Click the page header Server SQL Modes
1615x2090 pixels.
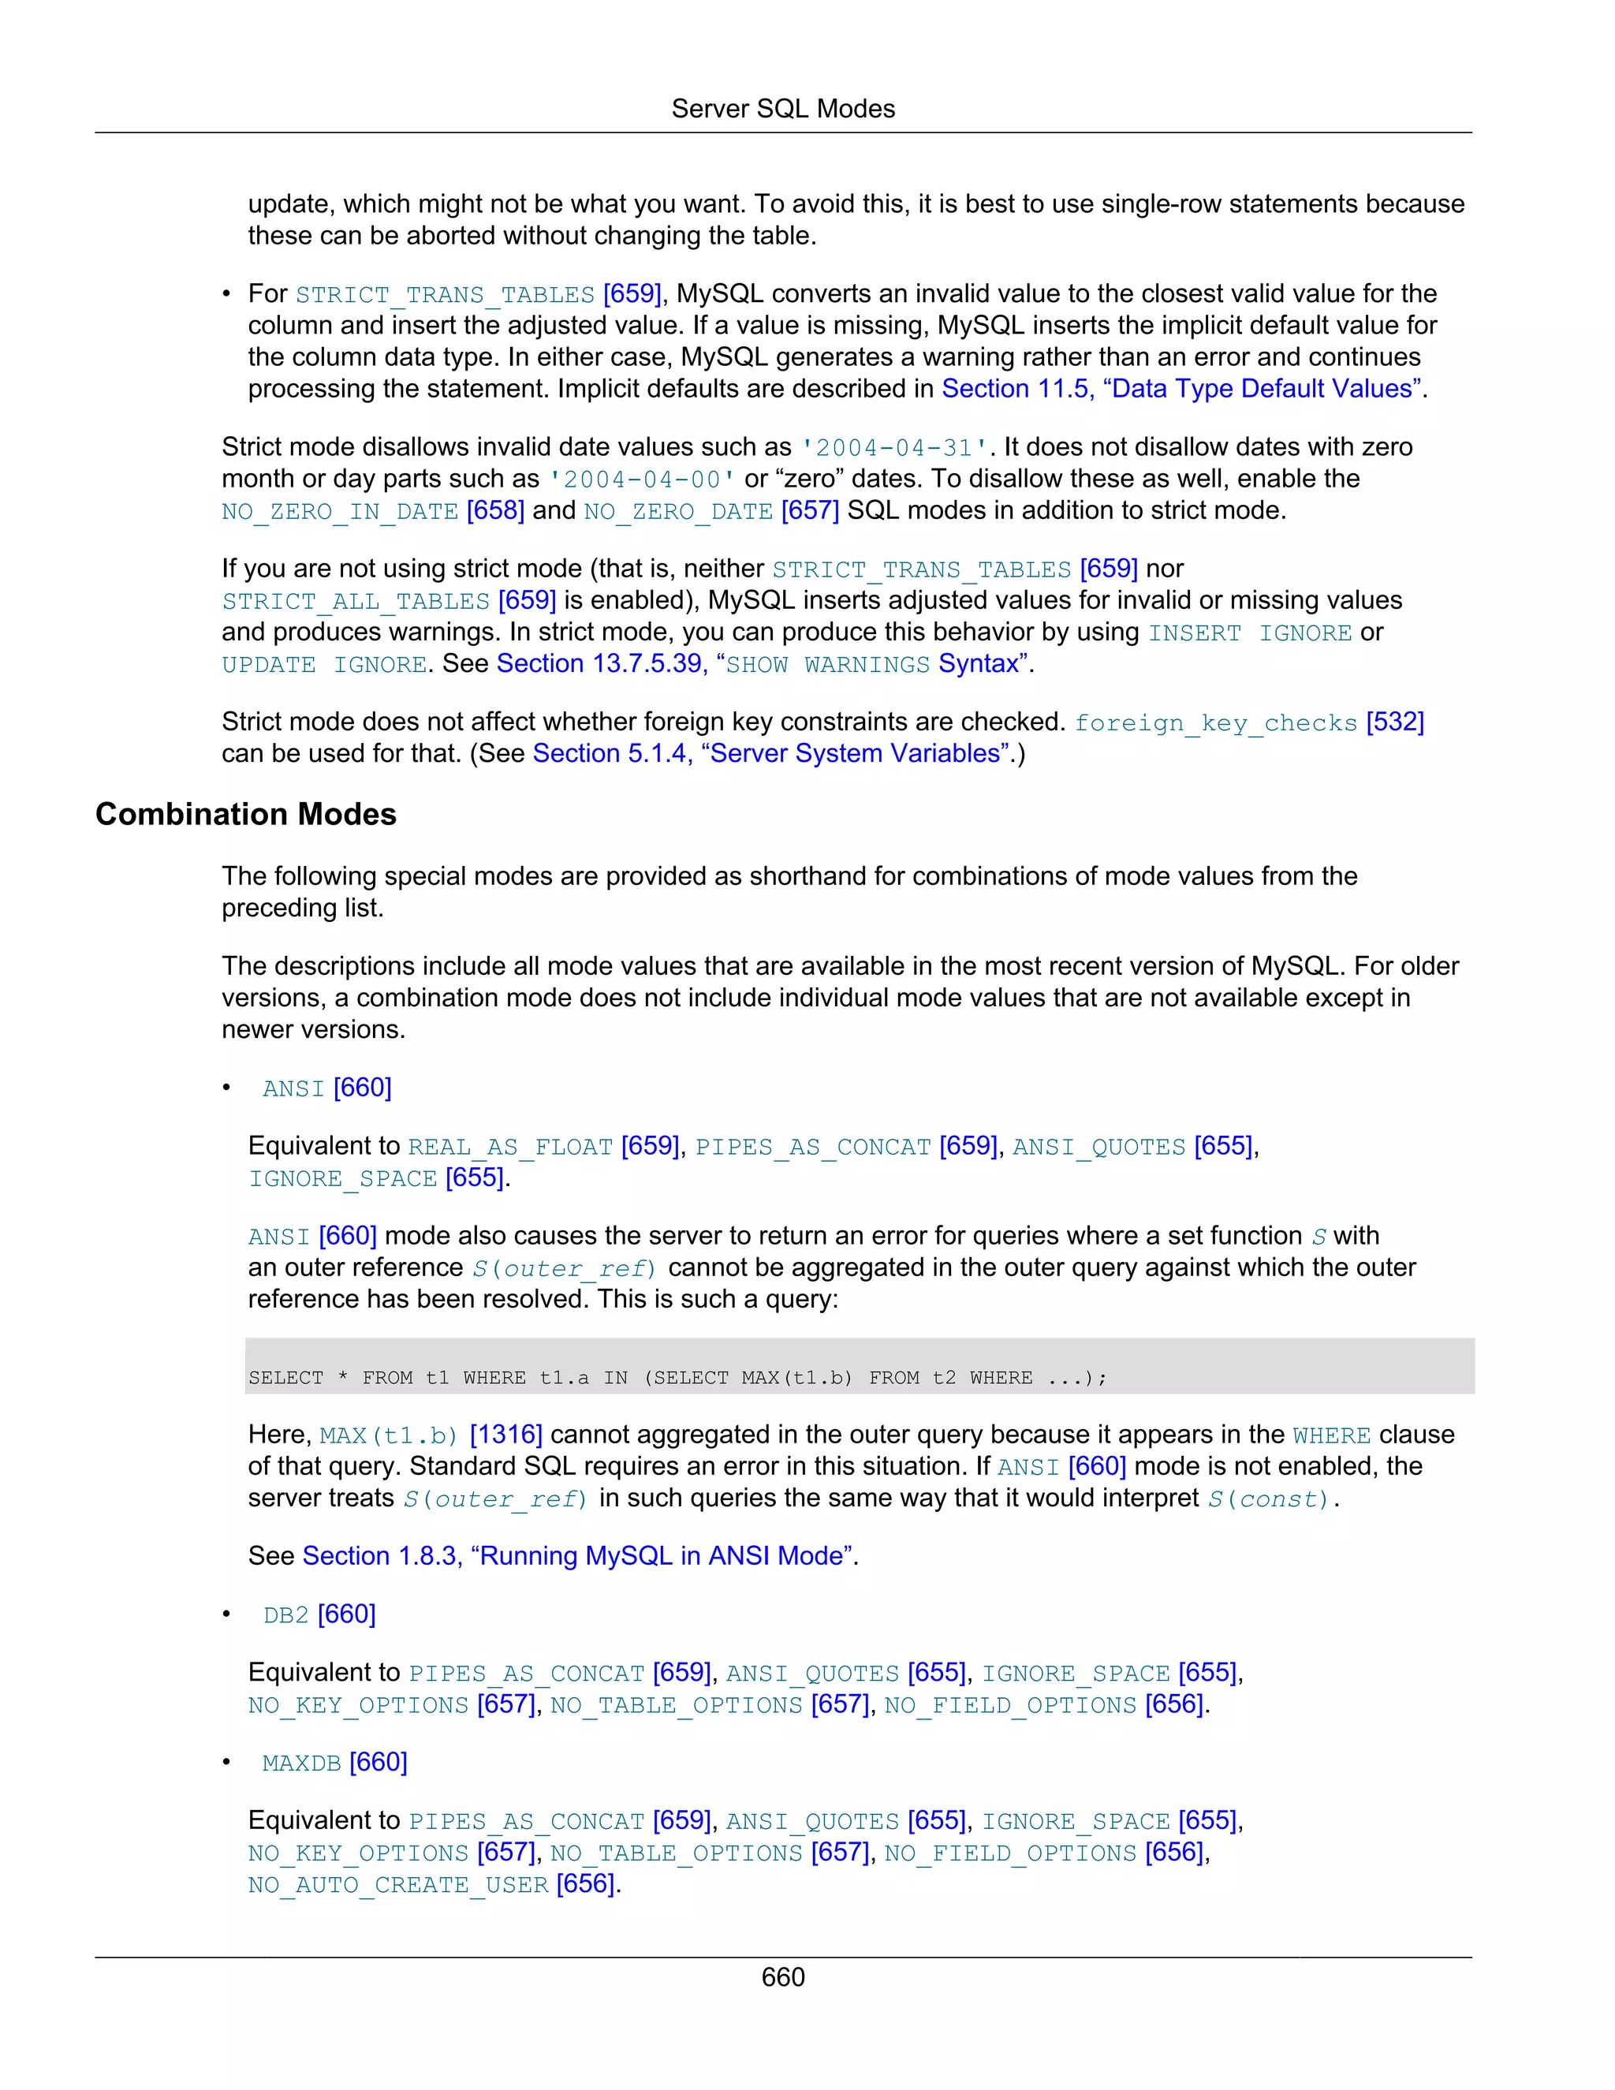(782, 109)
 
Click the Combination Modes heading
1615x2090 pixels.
(246, 815)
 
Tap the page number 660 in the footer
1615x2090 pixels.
(782, 1977)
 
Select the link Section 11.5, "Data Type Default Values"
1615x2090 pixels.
(1184, 389)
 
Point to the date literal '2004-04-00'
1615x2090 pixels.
(642, 480)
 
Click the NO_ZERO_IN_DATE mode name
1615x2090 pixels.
(340, 512)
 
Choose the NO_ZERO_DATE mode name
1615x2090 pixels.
(678, 512)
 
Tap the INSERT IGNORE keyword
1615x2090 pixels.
(1250, 633)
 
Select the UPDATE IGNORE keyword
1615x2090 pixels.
(324, 664)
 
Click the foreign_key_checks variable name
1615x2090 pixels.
(1215, 722)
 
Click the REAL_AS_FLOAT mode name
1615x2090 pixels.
(510, 1147)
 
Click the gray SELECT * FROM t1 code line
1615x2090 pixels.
(677, 1377)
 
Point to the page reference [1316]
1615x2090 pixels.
(505, 1435)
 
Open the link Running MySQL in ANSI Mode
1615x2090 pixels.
(578, 1556)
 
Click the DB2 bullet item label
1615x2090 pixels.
(286, 1615)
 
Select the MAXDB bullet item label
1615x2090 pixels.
(301, 1763)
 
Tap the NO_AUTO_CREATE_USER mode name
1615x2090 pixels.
(398, 1884)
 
